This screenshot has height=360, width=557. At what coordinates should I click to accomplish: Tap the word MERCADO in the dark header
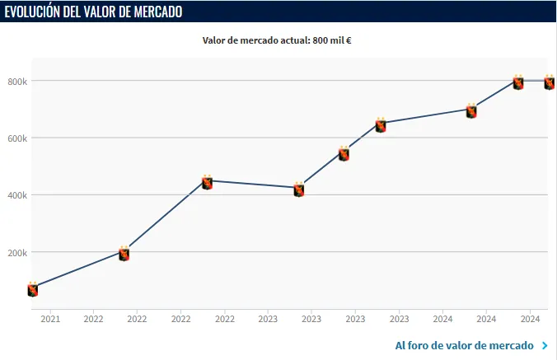(x=156, y=12)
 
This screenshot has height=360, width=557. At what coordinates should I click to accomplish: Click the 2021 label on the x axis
(x=50, y=319)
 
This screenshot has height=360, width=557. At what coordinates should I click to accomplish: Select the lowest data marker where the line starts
(x=33, y=289)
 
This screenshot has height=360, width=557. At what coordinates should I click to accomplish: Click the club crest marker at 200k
(x=124, y=254)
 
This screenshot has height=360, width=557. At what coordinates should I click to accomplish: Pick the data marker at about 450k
(x=208, y=182)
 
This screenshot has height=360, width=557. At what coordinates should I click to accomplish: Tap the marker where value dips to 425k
(x=299, y=189)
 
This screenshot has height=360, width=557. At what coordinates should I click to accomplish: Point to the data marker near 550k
(x=344, y=153)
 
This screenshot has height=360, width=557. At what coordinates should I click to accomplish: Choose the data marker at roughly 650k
(x=381, y=125)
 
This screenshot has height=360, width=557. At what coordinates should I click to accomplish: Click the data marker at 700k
(x=471, y=111)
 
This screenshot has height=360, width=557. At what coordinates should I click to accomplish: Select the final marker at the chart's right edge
(x=549, y=82)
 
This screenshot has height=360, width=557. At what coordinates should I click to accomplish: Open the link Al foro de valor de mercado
(x=464, y=345)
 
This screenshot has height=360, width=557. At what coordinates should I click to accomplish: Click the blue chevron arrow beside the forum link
(x=545, y=346)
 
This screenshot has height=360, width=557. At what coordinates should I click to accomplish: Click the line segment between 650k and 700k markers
(x=426, y=116)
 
